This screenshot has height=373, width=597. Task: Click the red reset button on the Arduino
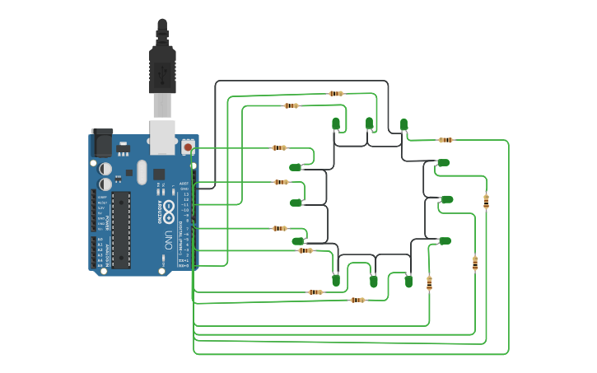188,147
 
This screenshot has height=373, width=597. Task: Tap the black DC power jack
101,143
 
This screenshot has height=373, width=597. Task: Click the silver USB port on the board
162,137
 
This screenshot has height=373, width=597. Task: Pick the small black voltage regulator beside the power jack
123,149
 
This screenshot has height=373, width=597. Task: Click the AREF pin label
184,184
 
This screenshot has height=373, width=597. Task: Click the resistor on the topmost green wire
336,94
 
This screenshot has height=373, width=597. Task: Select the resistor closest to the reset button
279,148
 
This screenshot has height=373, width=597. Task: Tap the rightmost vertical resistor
486,200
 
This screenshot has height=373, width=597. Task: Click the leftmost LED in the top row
336,124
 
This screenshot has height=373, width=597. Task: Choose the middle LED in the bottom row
373,281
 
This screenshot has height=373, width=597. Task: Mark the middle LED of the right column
446,199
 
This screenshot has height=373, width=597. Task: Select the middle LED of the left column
296,202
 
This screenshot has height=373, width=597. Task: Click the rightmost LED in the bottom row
408,281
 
